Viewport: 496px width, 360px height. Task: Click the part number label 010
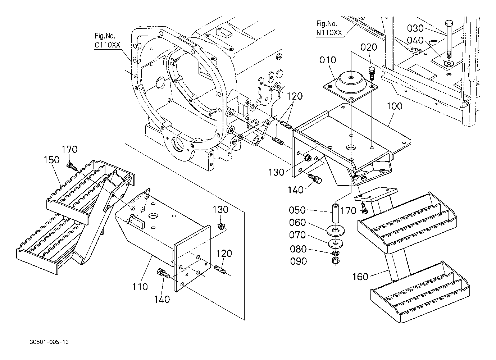328,60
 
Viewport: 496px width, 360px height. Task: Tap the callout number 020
369,47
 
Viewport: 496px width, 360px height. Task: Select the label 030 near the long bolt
415,28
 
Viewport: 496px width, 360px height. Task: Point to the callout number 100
394,106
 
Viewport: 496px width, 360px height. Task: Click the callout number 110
140,287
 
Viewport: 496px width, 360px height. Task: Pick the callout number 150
51,160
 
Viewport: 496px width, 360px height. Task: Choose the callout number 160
360,277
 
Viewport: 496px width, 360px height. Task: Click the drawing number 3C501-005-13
49,342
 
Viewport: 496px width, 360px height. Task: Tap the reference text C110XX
108,45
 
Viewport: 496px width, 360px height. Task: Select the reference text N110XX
329,33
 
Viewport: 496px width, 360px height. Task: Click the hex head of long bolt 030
449,23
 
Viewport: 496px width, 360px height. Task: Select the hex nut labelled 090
336,261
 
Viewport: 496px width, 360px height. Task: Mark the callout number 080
298,249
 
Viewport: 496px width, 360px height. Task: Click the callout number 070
297,235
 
